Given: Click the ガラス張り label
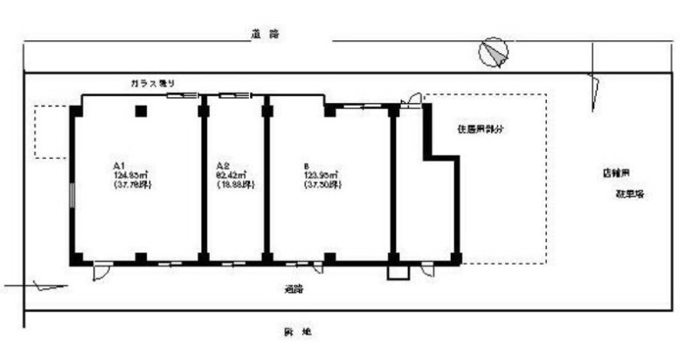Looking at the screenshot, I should coord(153,82).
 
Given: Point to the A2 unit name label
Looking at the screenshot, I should coord(222,165).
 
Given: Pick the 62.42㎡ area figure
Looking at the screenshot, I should coord(232,175).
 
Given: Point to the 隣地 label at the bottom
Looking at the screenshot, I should coord(294,332).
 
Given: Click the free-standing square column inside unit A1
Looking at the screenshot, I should coord(140,111).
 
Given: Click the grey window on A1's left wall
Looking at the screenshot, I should coord(72,192).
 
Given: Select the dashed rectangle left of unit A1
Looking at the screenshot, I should coord(51,131).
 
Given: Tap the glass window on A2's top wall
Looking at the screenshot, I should coord(235,94).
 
